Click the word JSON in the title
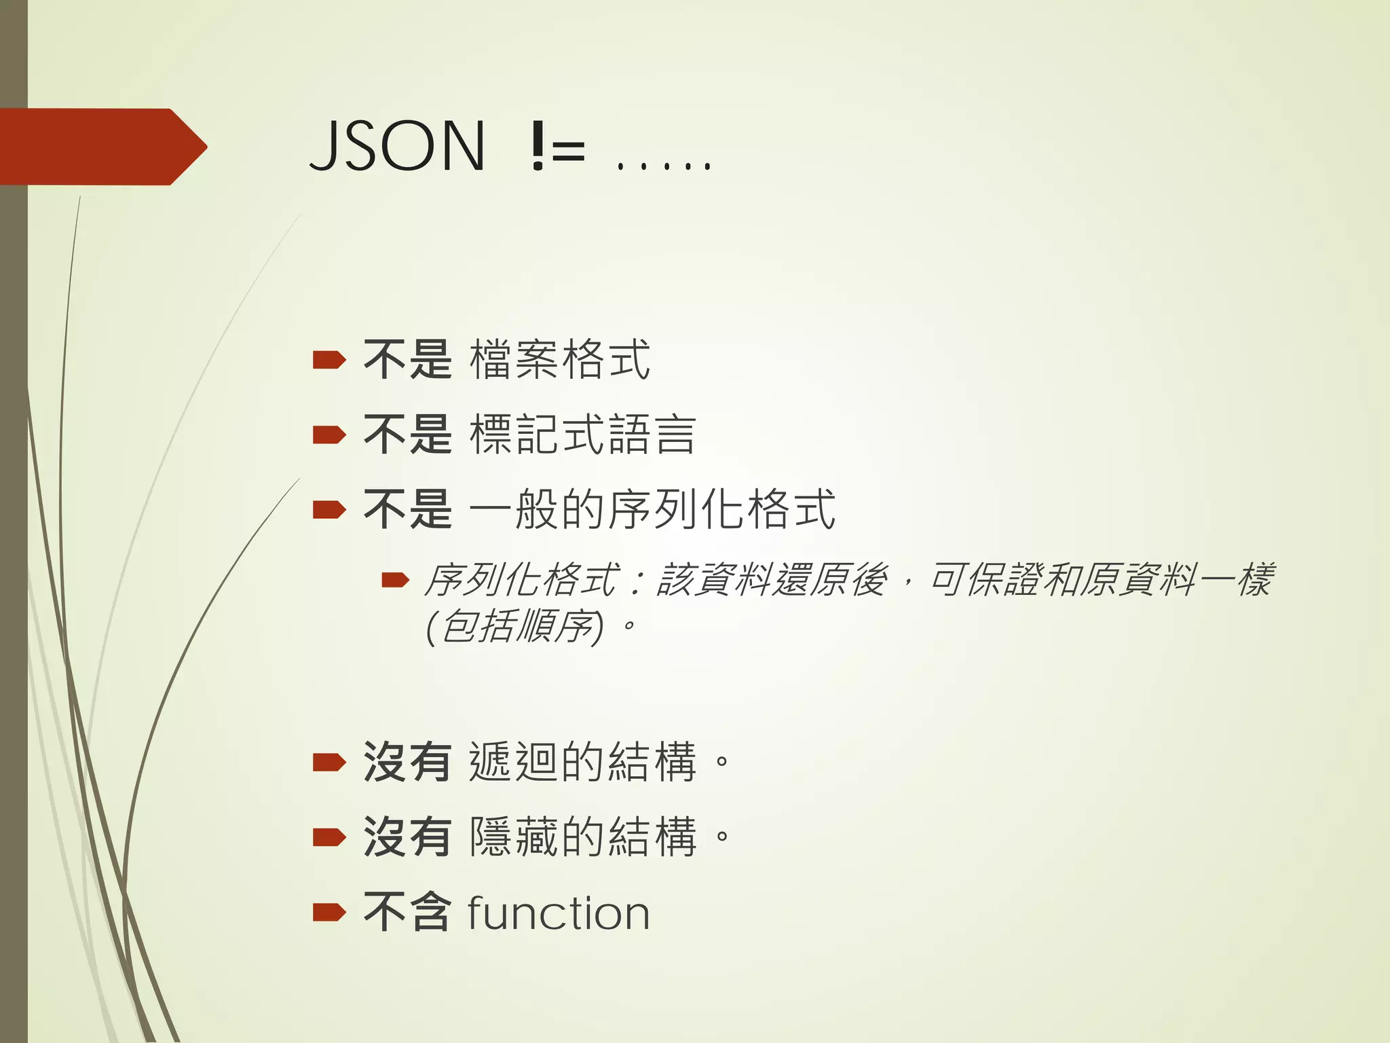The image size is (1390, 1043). pos(398,145)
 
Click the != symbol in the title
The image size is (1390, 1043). pos(557,147)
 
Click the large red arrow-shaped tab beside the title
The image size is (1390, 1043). pos(102,147)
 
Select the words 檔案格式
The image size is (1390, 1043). pos(560,359)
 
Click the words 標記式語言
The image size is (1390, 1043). pos(583,435)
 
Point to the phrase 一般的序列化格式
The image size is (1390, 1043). pos(652,509)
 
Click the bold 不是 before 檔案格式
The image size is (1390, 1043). pos(407,359)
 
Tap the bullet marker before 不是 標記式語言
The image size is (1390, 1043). pos(329,435)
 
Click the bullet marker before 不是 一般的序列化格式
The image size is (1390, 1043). pos(329,509)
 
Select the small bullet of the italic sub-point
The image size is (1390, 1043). pos(395,580)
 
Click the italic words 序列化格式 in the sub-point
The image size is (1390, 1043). pos(521,580)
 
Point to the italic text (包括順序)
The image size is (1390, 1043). pos(514,626)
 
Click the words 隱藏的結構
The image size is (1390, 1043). pos(583,837)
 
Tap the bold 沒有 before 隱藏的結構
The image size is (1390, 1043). pos(407,837)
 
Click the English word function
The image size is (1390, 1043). pos(559,913)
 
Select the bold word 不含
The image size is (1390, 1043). pos(407,913)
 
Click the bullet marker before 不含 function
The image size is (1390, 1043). pos(329,913)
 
